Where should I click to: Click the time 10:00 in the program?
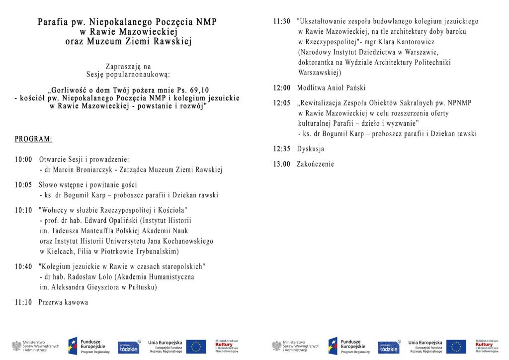tap(23, 160)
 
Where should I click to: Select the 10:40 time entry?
tap(23, 267)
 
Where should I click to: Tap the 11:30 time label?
tap(282, 21)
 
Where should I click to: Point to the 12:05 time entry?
tap(282, 103)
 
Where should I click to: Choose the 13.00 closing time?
tap(282, 164)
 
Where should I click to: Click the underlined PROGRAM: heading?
tap(33, 139)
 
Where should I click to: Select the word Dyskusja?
tap(311, 149)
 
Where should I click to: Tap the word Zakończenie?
tap(316, 164)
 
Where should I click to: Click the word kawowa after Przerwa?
tap(76, 302)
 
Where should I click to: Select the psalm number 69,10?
tap(195, 90)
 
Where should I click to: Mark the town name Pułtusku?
tap(142, 287)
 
